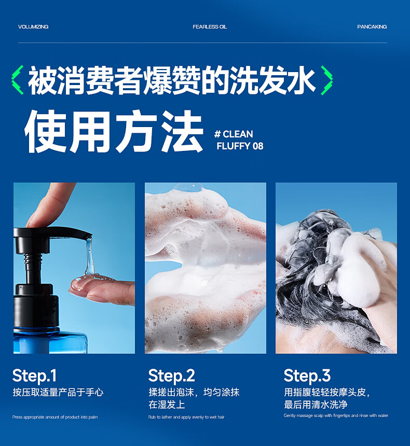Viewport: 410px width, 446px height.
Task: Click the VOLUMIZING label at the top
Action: pyautogui.click(x=33, y=27)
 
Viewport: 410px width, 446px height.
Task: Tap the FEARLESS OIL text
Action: pyautogui.click(x=210, y=27)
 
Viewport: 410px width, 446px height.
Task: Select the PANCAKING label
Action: pyautogui.click(x=372, y=27)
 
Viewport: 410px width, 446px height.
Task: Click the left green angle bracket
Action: pyautogui.click(x=17, y=80)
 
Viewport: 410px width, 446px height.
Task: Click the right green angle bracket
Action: pyautogui.click(x=326, y=80)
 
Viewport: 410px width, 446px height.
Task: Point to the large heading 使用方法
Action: pyautogui.click(x=114, y=131)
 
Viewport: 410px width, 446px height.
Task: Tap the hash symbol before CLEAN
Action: pyautogui.click(x=217, y=134)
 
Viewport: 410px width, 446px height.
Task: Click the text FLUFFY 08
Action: pyautogui.click(x=240, y=146)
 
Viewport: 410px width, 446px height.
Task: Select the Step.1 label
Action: pyautogui.click(x=34, y=375)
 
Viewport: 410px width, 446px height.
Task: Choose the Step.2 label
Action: pyautogui.click(x=171, y=375)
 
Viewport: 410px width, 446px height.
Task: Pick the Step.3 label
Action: pyautogui.click(x=307, y=375)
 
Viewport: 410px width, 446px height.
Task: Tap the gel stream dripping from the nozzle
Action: pyautogui.click(x=89, y=257)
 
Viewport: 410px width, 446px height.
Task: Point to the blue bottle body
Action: pyautogui.click(x=50, y=341)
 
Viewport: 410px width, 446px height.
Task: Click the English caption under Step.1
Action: pyautogui.click(x=55, y=417)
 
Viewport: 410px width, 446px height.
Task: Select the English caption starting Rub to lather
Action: pyautogui.click(x=186, y=417)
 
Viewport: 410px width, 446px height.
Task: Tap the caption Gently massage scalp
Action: pyautogui.click(x=336, y=415)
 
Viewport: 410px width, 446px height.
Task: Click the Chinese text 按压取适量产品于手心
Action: pyautogui.click(x=58, y=392)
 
